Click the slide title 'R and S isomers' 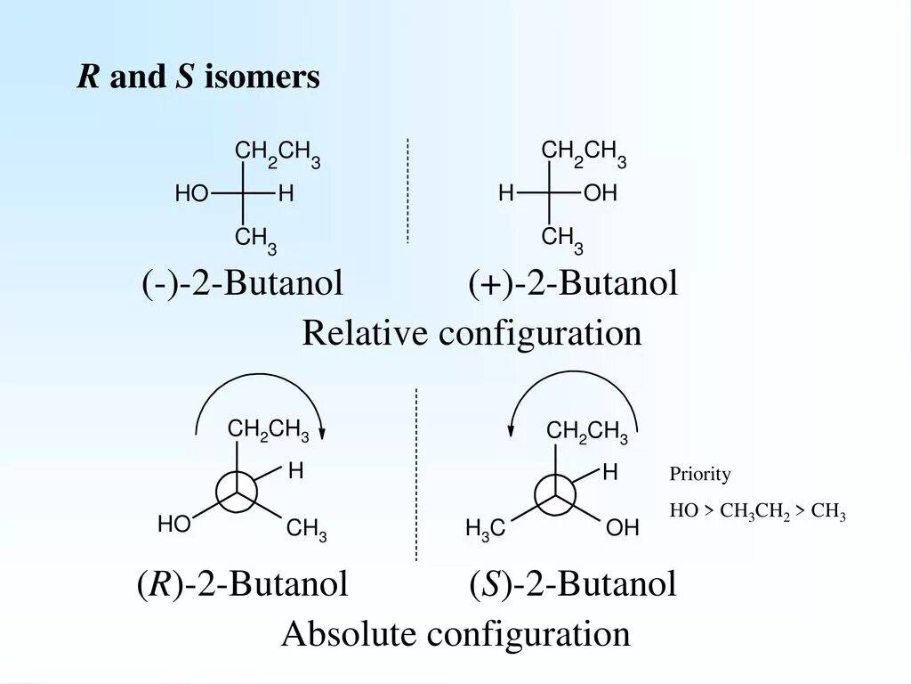[198, 78]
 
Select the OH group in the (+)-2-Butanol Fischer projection [601, 194]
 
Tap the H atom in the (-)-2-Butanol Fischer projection [286, 194]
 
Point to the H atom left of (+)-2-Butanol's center [505, 193]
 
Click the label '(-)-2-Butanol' [243, 285]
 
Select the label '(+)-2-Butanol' [574, 285]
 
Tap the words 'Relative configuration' [472, 334]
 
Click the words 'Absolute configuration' [455, 635]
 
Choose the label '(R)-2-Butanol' [242, 585]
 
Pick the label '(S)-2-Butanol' [574, 585]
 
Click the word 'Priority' [700, 475]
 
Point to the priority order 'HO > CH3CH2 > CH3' [757, 512]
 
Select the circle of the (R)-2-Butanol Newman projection [237, 492]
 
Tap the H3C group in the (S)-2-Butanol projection [486, 530]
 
